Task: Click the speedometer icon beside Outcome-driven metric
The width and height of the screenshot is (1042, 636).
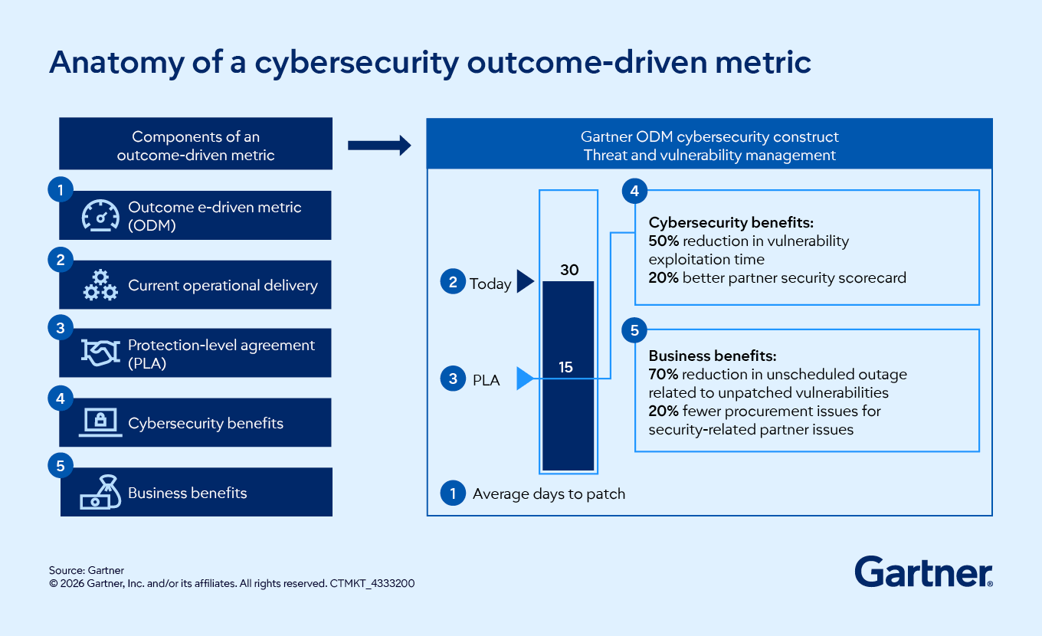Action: pyautogui.click(x=100, y=215)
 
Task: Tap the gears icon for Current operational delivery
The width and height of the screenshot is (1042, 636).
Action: pyautogui.click(x=100, y=285)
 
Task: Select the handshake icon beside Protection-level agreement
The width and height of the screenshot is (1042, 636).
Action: pyautogui.click(x=100, y=353)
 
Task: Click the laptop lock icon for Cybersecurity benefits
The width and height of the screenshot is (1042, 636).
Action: pyautogui.click(x=100, y=422)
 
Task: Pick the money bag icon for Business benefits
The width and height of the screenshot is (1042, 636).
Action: pyautogui.click(x=100, y=493)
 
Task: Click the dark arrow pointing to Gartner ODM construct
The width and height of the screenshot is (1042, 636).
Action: pyautogui.click(x=379, y=146)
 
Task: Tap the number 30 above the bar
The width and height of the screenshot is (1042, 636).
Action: pyautogui.click(x=569, y=270)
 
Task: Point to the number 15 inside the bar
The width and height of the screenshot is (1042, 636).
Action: pyautogui.click(x=565, y=367)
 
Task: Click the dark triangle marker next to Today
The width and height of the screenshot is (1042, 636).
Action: pyautogui.click(x=525, y=282)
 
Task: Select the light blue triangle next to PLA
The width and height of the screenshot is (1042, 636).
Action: pyautogui.click(x=524, y=379)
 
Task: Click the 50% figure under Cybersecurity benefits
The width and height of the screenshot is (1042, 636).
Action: pyautogui.click(x=664, y=241)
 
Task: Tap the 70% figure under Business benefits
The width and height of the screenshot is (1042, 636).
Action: pyautogui.click(x=664, y=375)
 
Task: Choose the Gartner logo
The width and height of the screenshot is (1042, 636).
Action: pyautogui.click(x=923, y=572)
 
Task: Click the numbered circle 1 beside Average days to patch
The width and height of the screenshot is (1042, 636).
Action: pyautogui.click(x=453, y=493)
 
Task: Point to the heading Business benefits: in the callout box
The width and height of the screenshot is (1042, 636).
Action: pyautogui.click(x=713, y=356)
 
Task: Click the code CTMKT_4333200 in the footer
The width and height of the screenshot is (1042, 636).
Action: pyautogui.click(x=373, y=583)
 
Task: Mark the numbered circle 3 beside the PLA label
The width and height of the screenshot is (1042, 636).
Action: pyautogui.click(x=453, y=379)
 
